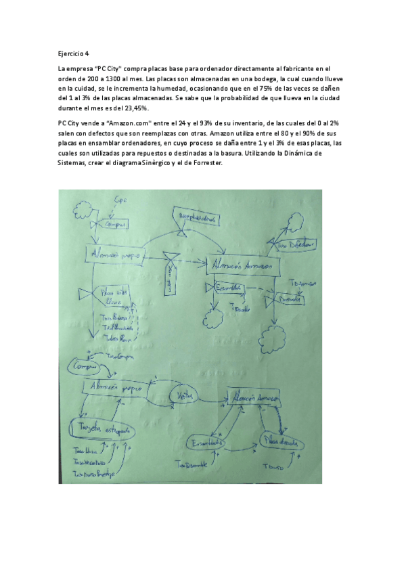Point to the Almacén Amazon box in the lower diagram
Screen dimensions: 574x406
(x=255, y=399)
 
